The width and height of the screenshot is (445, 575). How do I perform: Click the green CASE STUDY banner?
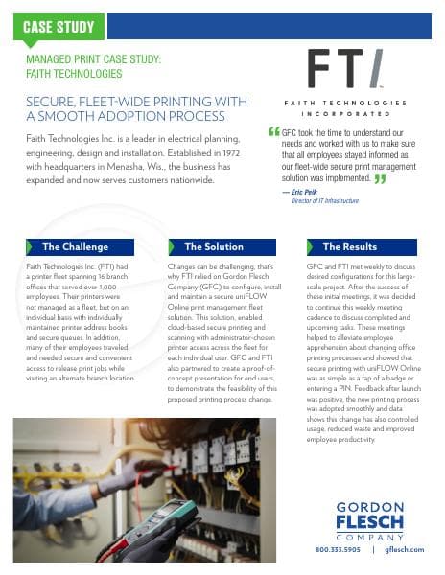[63, 28]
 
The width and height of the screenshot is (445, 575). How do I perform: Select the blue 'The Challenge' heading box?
[82, 246]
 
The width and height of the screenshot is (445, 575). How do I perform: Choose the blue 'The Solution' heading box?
[220, 246]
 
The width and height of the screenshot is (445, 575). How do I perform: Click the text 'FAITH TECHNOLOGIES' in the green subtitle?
[68, 72]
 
